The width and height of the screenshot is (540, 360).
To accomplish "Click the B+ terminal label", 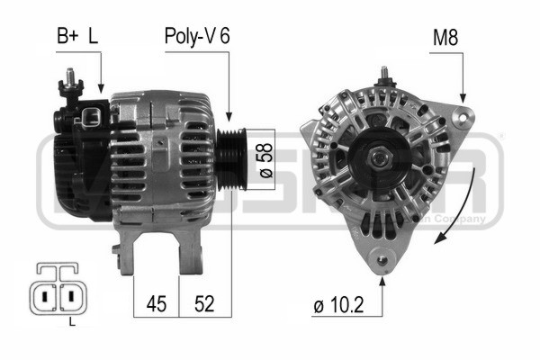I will pyautogui.click(x=67, y=37).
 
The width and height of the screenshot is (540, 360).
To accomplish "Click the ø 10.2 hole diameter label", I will pyautogui.click(x=339, y=307).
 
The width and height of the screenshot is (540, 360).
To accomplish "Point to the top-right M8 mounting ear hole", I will pyautogui.click(x=463, y=114).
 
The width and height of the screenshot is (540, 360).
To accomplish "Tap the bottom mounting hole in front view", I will pyautogui.click(x=382, y=262).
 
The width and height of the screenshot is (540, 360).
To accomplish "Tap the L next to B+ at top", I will pyautogui.click(x=93, y=37).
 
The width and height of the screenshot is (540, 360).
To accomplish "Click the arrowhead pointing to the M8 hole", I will pyautogui.click(x=463, y=99).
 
